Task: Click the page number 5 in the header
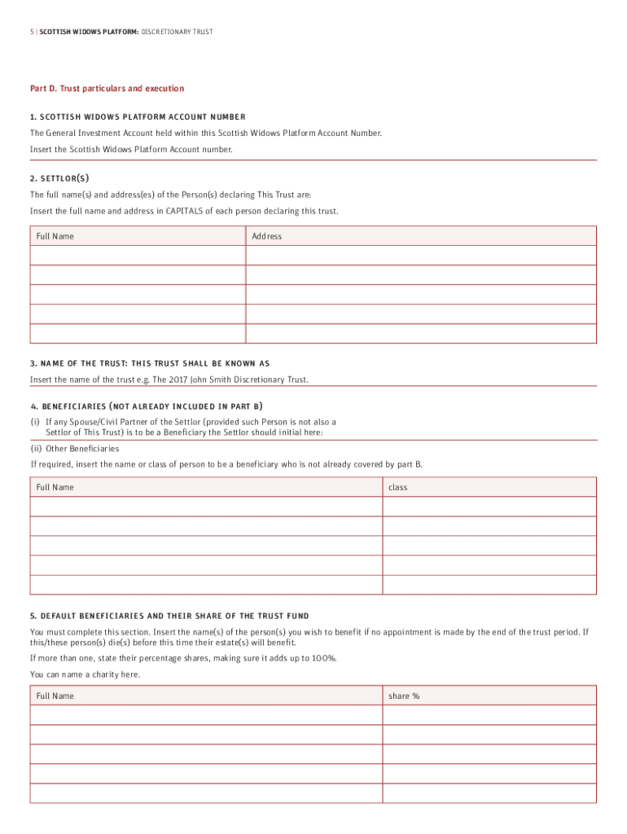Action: click(x=32, y=32)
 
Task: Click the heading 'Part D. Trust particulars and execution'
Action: click(x=107, y=88)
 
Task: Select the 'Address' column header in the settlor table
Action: click(x=266, y=236)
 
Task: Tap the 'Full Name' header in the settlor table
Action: click(x=55, y=236)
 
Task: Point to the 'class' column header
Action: click(x=398, y=487)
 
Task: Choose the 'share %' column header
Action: click(x=404, y=696)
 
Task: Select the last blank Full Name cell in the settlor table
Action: click(x=138, y=334)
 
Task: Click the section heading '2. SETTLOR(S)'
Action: click(x=59, y=178)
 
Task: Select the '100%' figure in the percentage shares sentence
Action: click(x=322, y=658)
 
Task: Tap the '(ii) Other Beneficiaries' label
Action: click(x=74, y=448)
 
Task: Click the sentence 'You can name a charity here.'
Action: click(x=85, y=674)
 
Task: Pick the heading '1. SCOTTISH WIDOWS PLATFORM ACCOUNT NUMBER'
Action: click(x=138, y=116)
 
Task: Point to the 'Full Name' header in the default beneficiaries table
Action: click(x=55, y=696)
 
